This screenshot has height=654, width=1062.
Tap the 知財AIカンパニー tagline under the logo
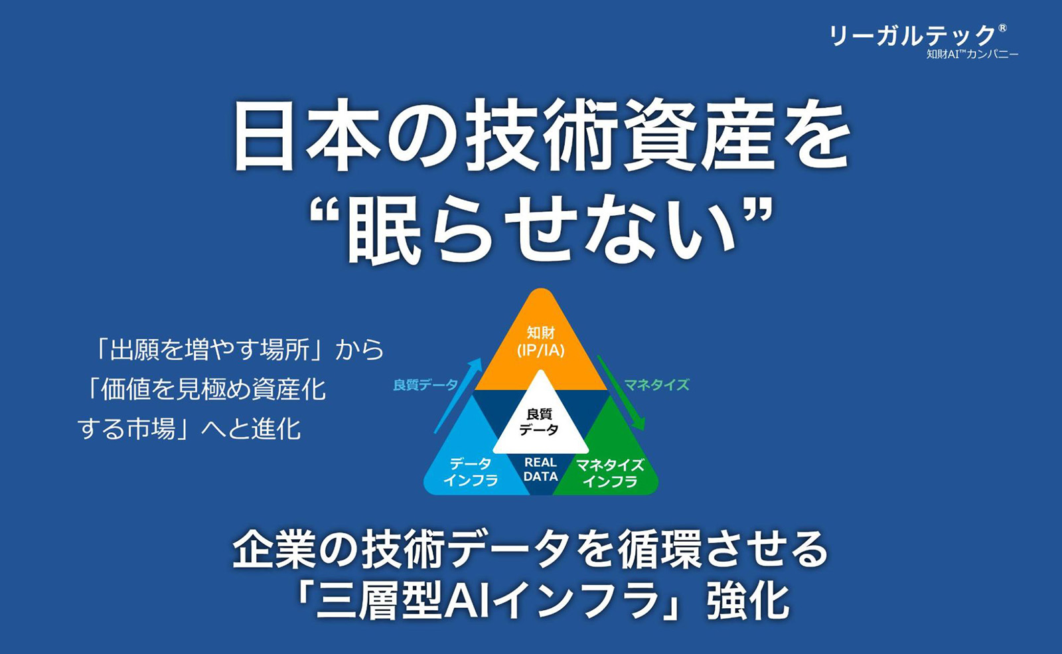coord(972,54)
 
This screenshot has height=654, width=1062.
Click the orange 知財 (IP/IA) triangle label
coord(540,341)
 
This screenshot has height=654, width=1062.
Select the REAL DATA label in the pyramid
coord(540,469)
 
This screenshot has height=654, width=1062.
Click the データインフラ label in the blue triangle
coord(471,472)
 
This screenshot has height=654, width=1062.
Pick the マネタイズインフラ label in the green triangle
coord(610,473)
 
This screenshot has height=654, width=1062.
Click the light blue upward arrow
coord(458,396)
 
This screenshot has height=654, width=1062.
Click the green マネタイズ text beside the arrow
coord(656,384)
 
